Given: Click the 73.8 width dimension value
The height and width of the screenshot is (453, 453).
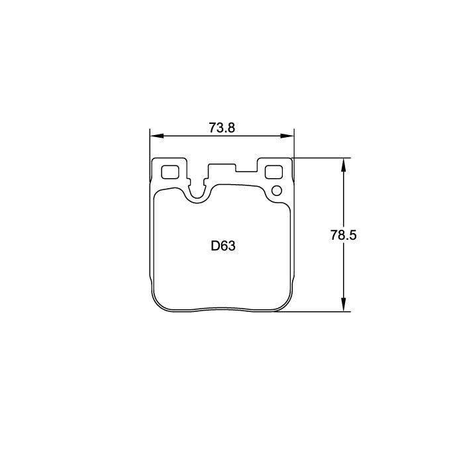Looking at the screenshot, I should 223,128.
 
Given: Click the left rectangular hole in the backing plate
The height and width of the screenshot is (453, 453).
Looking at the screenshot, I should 171,172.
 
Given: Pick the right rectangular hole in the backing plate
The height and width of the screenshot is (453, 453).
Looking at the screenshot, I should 274,172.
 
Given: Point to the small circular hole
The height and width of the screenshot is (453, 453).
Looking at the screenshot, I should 277,191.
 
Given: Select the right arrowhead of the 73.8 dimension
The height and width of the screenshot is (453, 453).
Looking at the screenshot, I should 289,136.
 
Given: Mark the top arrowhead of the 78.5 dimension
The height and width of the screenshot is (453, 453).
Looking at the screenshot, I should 344,162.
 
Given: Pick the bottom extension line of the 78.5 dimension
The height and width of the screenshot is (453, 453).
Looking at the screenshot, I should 311,311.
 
